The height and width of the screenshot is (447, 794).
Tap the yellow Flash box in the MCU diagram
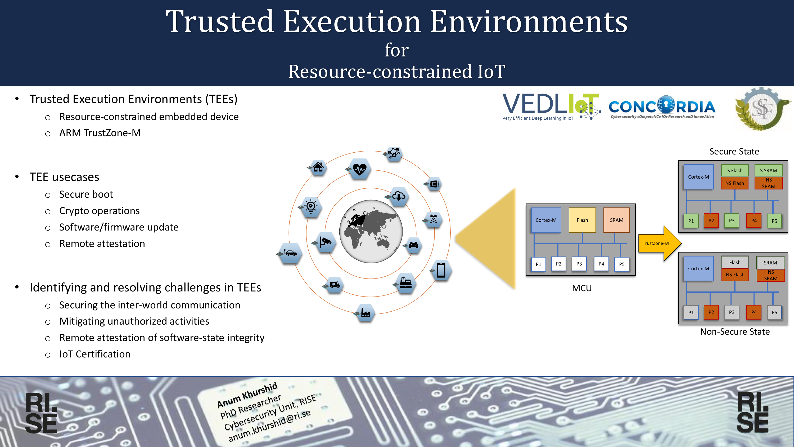(x=582, y=220)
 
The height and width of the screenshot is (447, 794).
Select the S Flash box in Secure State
(x=734, y=170)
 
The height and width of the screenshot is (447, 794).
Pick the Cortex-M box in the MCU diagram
(x=546, y=220)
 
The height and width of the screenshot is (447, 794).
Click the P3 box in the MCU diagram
(x=579, y=264)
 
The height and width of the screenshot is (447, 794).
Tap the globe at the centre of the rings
(x=371, y=231)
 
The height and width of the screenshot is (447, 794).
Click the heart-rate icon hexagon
(x=359, y=169)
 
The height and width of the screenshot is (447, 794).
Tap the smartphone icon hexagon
(x=441, y=270)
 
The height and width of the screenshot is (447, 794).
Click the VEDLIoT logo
(x=551, y=107)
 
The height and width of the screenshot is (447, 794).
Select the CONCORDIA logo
(x=662, y=107)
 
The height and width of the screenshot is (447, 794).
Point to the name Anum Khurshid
(x=247, y=395)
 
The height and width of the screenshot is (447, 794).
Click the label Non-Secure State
(x=735, y=332)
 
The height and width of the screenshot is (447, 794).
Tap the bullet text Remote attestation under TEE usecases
(x=102, y=244)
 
